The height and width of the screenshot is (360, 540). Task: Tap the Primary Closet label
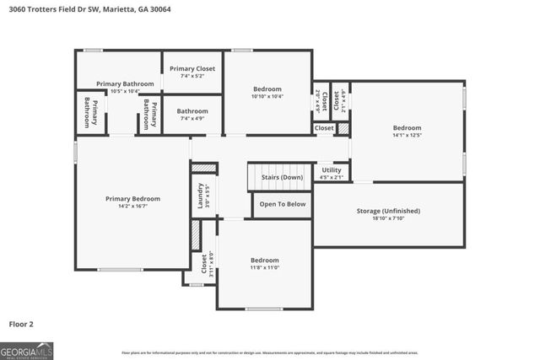(192, 68)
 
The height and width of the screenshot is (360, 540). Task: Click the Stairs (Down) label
(280, 177)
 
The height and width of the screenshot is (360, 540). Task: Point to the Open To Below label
(282, 204)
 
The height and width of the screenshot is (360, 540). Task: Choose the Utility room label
(332, 170)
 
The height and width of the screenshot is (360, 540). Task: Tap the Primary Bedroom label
(132, 199)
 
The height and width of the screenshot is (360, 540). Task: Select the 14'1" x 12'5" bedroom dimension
(407, 135)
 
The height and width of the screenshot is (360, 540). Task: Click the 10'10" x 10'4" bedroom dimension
(268, 96)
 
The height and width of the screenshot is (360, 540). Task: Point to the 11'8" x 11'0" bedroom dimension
(264, 268)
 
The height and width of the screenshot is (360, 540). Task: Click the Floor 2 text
(21, 323)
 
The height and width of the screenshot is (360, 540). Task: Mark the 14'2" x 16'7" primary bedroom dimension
(132, 206)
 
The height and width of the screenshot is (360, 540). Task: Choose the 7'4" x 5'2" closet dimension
(192, 76)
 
